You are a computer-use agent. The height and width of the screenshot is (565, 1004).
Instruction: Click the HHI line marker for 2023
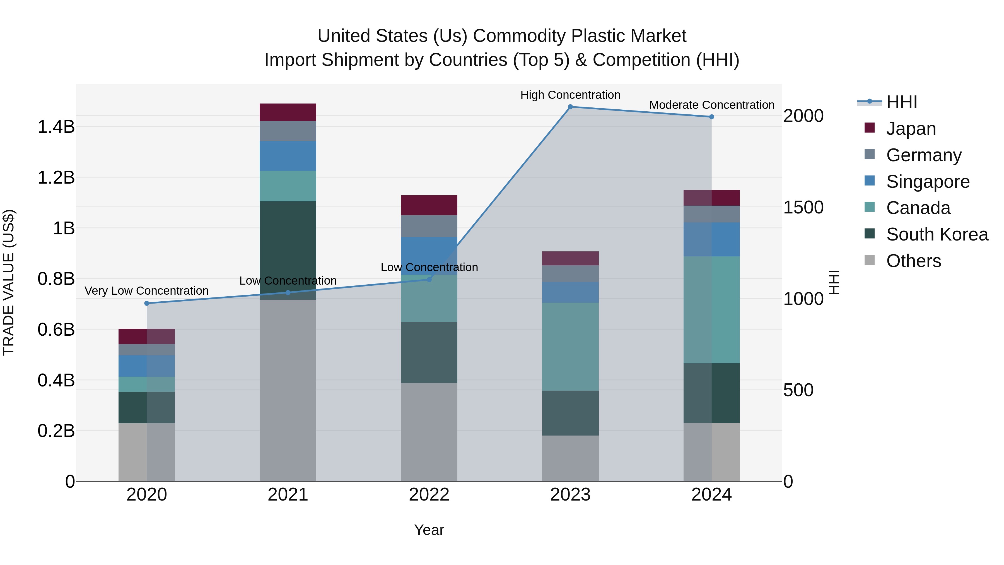pos(570,107)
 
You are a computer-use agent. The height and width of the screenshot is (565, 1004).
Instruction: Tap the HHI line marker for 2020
pos(146,303)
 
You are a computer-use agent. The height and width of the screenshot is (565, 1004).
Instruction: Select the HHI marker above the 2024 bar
pos(711,117)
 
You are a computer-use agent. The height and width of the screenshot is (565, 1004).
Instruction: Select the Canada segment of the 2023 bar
pos(570,346)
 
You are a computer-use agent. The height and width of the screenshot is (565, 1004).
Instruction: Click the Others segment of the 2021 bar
pos(288,390)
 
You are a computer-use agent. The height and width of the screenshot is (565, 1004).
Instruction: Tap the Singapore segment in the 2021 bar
pos(288,156)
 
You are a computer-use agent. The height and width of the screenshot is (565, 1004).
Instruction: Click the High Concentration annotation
pos(570,95)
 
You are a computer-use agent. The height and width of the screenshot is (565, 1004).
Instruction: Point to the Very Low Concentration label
pos(146,291)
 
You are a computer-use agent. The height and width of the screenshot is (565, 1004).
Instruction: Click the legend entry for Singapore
pos(928,182)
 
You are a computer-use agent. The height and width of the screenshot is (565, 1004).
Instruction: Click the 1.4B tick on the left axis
pos(56,127)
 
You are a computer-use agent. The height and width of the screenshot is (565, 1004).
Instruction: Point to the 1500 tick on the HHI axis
pos(803,207)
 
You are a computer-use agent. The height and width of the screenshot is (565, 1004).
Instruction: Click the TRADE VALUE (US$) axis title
pos(9,282)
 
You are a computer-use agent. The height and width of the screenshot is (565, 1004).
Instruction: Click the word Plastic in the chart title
pos(596,36)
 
